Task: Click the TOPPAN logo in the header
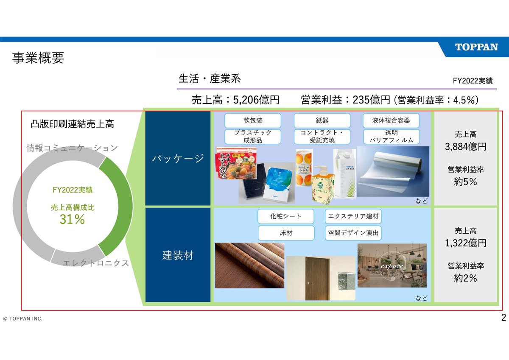point(476,47)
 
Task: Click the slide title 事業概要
point(38,58)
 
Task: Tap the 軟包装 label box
point(253,120)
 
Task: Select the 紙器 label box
point(322,120)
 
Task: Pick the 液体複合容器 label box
point(391,120)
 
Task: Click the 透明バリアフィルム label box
point(391,137)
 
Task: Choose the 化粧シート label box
point(286,216)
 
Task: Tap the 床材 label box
point(286,233)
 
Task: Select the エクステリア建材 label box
point(353,216)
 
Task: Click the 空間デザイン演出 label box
point(353,233)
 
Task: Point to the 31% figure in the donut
point(72,219)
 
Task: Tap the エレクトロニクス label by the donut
point(95,263)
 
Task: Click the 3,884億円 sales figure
point(466,147)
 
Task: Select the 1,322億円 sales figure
point(466,243)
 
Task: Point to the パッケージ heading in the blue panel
point(178,159)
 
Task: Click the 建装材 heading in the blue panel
point(178,255)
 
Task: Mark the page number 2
point(503,318)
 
